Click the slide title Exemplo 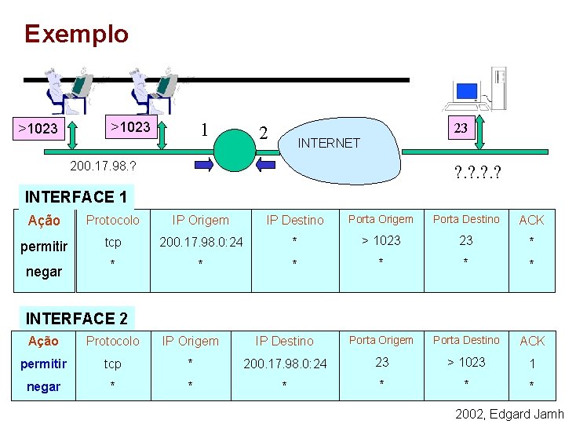[76, 34]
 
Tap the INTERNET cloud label [329, 143]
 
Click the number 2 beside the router [264, 133]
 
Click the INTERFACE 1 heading [76, 196]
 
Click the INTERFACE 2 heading [77, 318]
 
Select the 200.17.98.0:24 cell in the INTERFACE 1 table [201, 242]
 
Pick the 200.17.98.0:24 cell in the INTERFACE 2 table [285, 364]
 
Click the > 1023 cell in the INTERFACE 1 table [381, 240]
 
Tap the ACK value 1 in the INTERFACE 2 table [532, 364]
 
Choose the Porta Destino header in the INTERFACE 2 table [466, 340]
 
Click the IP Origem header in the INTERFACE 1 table [201, 220]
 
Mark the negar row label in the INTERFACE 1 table [44, 272]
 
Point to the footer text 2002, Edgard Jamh [509, 414]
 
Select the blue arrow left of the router [203, 164]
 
